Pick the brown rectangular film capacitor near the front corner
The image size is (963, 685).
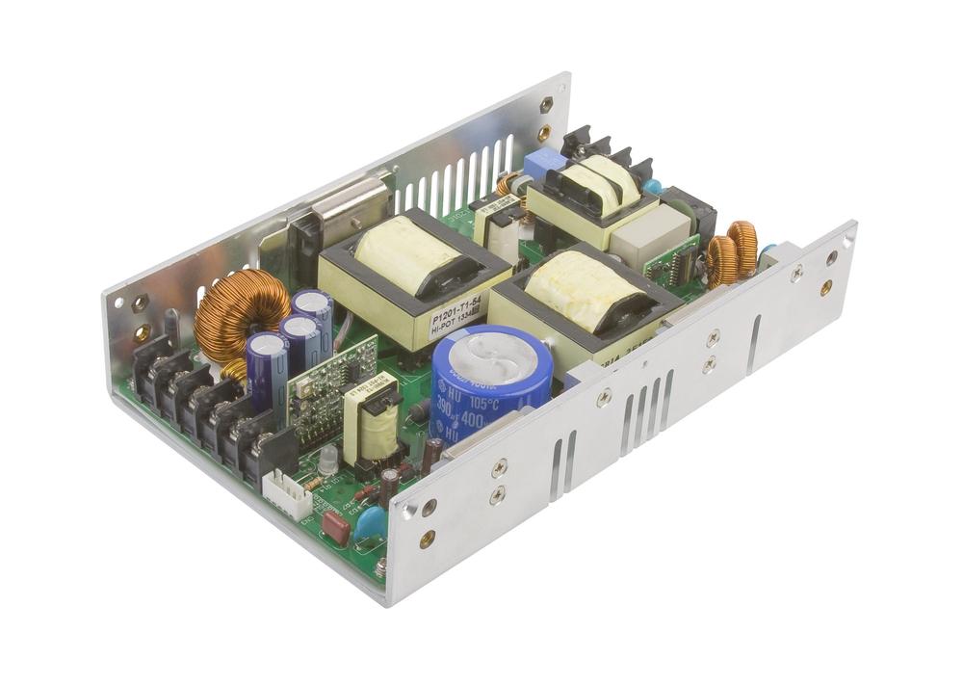pos(335,525)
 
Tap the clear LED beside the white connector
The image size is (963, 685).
pos(328,461)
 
